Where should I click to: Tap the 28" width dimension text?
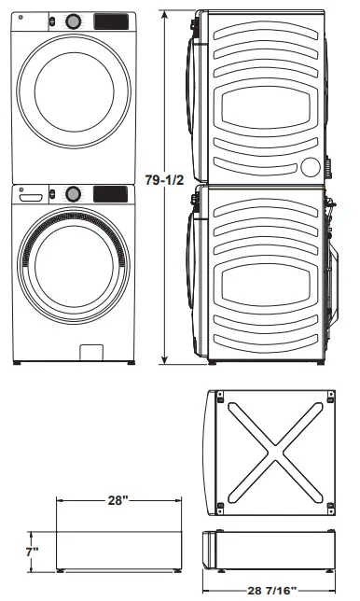[117, 501]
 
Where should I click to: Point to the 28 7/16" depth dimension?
[271, 590]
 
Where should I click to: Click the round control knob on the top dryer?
[72, 20]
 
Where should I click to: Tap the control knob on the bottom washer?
[72, 193]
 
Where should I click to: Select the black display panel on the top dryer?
[111, 20]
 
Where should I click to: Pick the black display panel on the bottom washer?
[111, 193]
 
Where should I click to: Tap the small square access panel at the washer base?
[91, 354]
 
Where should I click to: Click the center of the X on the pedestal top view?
[271, 453]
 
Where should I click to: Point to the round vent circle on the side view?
[312, 166]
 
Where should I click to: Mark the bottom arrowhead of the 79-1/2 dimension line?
[166, 361]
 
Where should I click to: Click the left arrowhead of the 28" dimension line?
[59, 502]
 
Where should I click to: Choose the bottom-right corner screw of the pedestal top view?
[327, 508]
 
